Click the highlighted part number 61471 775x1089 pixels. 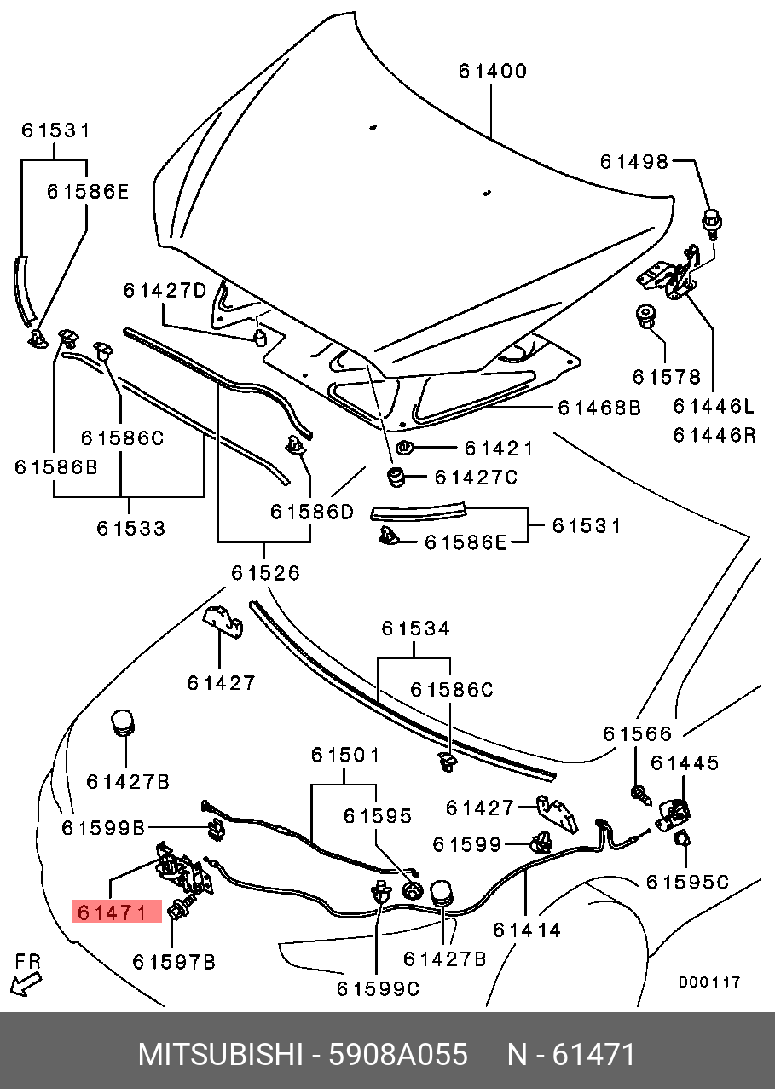tap(117, 912)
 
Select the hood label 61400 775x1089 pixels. tap(493, 71)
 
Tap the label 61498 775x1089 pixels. tap(634, 161)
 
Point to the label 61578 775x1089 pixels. tap(666, 376)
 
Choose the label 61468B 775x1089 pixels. tap(599, 408)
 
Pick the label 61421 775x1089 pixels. tap(498, 448)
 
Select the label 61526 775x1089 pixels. tap(265, 572)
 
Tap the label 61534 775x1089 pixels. tap(415, 628)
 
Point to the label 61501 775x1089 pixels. tap(344, 755)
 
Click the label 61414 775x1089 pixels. tap(527, 930)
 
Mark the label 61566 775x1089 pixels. tap(637, 733)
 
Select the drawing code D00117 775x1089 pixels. tap(709, 982)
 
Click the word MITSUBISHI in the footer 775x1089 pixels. tap(220, 1055)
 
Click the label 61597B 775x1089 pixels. tap(173, 962)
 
